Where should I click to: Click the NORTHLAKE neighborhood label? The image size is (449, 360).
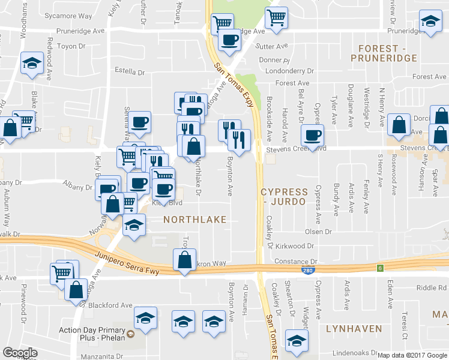[x=195, y=220]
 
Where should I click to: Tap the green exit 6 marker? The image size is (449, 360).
[x=380, y=268]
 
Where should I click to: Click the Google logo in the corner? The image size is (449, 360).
[x=20, y=353]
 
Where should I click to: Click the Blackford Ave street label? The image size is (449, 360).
[x=110, y=305]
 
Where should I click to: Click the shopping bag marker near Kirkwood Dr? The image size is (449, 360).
[x=184, y=260]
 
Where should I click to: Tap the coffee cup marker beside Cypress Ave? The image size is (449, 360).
[x=312, y=135]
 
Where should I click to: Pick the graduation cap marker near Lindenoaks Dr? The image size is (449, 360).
[x=296, y=340]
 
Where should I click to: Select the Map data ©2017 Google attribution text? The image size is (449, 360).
[x=412, y=355]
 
